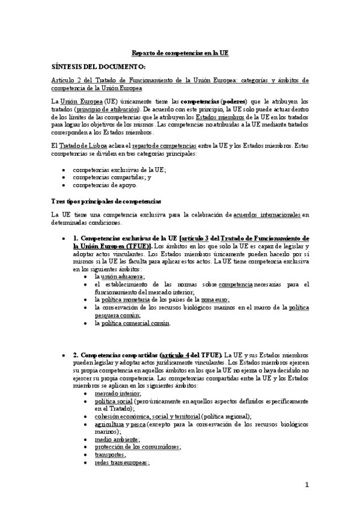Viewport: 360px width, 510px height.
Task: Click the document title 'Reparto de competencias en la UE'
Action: coord(179,53)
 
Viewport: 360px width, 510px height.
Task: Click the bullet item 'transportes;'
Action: coord(111,455)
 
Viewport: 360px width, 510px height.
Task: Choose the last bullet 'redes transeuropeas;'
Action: coord(121,463)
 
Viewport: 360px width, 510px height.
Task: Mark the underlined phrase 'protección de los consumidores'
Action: coord(138,447)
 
